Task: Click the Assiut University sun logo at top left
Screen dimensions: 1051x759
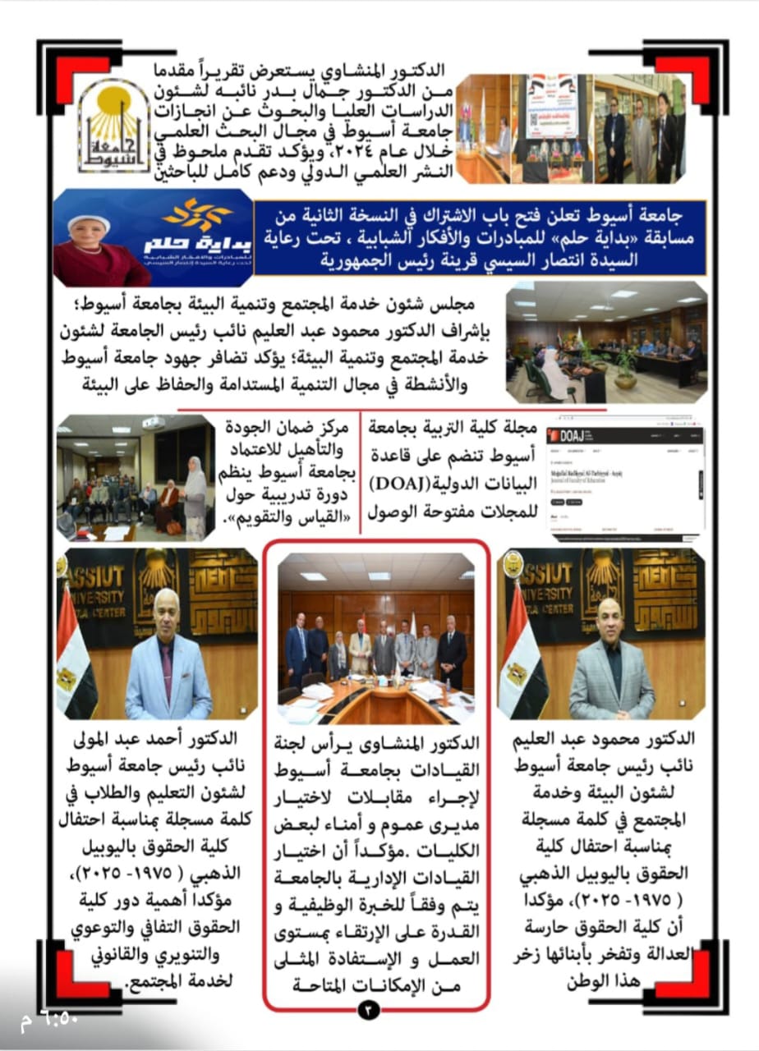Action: (x=114, y=124)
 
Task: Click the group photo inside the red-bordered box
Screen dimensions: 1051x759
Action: (x=376, y=631)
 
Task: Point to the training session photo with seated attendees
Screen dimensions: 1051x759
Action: (x=136, y=478)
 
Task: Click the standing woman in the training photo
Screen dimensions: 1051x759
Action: (x=195, y=493)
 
